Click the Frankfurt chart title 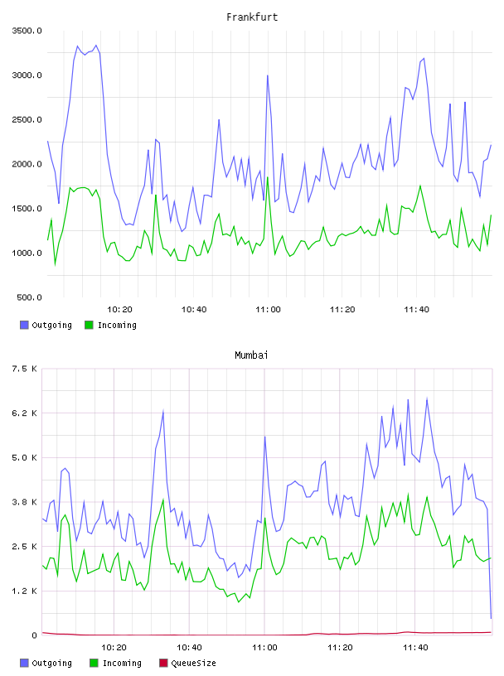point(252,17)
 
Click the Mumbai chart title point(251,355)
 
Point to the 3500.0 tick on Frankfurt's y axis point(27,31)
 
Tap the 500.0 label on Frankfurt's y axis point(29,297)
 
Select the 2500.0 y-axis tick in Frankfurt point(27,119)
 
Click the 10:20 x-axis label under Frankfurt point(119,309)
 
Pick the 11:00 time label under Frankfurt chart point(268,309)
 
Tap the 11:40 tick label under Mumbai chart point(415,647)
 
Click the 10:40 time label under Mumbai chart point(189,647)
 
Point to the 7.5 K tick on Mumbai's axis point(24,369)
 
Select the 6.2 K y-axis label point(24,413)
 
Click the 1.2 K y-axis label point(24,591)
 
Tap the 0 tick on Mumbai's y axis point(35,635)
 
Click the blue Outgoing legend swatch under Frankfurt point(24,325)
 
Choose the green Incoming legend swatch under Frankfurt point(89,325)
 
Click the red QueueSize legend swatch point(163,663)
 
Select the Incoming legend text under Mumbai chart point(122,663)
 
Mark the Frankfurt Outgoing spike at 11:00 point(268,75)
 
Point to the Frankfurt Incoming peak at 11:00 point(268,177)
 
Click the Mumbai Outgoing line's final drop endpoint point(491,618)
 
